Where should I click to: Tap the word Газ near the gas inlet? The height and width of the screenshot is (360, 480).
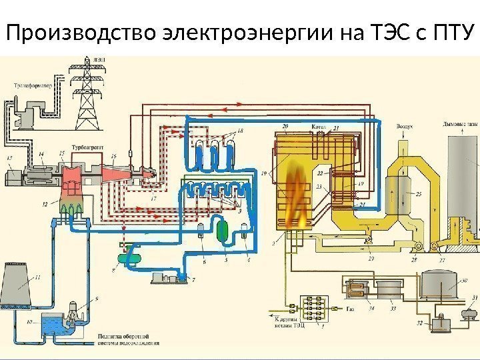pyautogui.click(x=351, y=310)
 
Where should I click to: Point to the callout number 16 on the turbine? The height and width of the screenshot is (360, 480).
pyautogui.click(x=114, y=155)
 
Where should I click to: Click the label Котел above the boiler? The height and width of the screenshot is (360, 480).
pyautogui.click(x=318, y=126)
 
